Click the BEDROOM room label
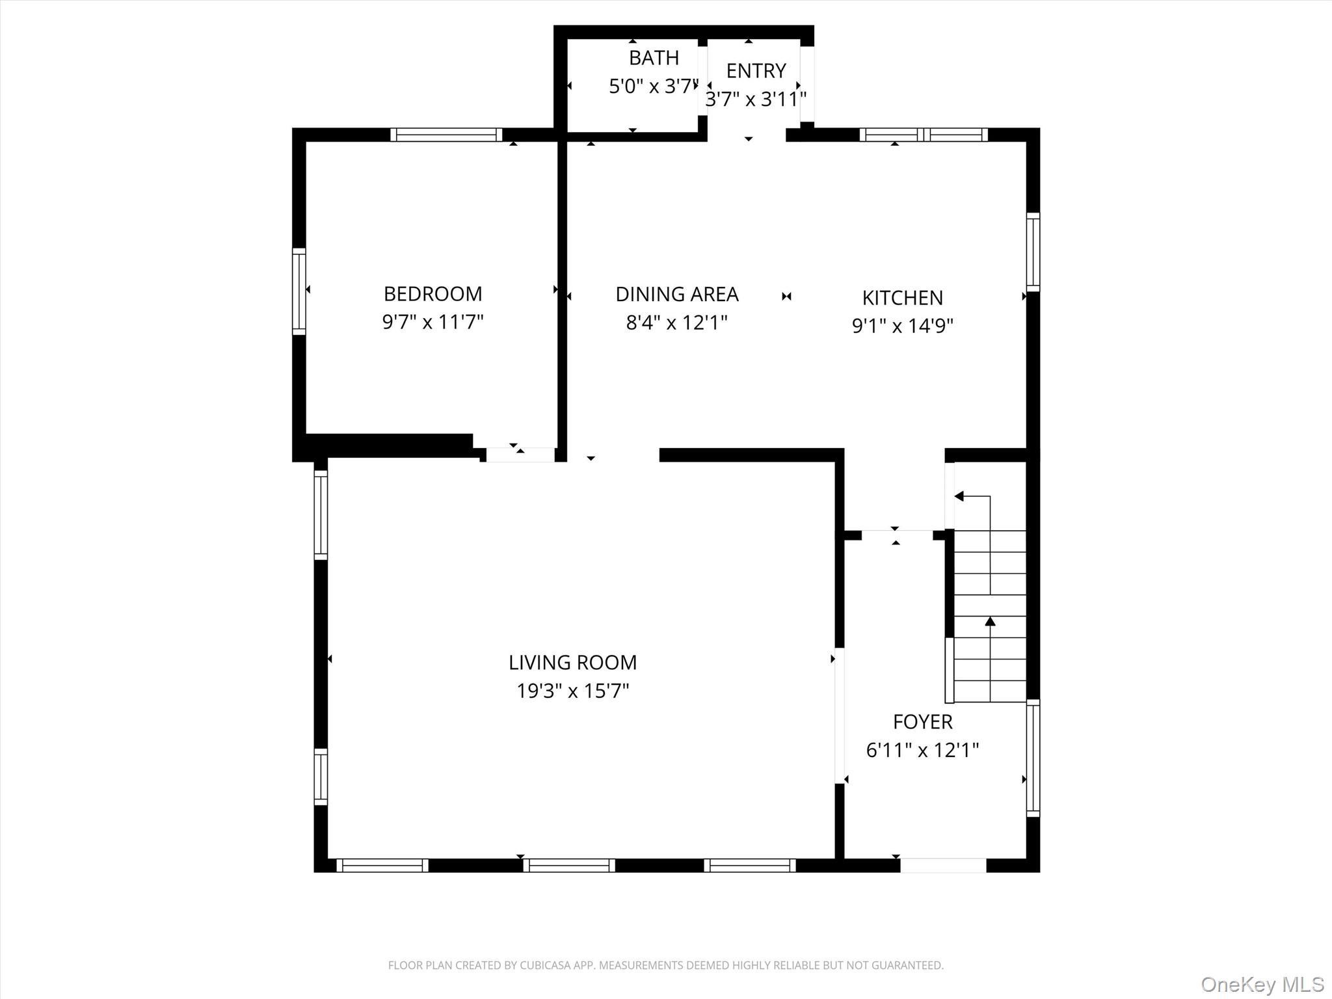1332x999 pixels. tap(433, 294)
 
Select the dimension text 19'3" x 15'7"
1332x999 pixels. tap(572, 691)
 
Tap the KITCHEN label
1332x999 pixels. tap(902, 298)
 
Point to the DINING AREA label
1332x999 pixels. tap(676, 295)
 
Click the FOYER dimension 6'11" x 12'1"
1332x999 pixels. tap(922, 751)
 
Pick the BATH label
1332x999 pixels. tap(654, 58)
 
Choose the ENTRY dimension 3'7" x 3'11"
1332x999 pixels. tap(756, 100)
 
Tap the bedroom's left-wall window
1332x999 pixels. tap(299, 291)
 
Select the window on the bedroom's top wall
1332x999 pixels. tap(446, 135)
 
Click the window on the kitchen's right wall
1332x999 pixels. tap(1033, 252)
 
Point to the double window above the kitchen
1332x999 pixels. tap(924, 135)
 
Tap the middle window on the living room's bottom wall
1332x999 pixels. tap(569, 865)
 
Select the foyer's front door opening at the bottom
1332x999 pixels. tap(943, 865)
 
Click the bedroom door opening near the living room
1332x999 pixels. tap(520, 455)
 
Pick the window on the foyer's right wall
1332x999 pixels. tap(1033, 758)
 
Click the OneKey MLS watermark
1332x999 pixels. tap(1262, 984)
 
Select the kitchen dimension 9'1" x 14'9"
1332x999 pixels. tap(902, 326)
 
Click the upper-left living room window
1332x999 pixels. tap(321, 514)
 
